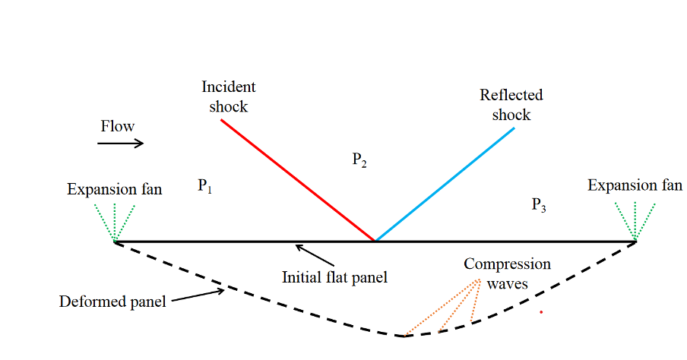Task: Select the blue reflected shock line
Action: point(445,185)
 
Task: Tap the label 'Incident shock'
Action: point(228,96)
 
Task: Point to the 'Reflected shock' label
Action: point(511,105)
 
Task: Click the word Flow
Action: point(118,126)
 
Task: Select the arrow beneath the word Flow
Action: point(121,143)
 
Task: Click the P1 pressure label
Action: point(204,185)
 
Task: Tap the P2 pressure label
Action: point(360,159)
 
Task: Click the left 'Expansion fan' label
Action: point(115,189)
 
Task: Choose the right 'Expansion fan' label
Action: point(635,185)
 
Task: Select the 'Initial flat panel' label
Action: point(334,277)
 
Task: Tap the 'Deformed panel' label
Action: point(112,302)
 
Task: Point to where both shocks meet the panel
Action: point(375,241)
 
